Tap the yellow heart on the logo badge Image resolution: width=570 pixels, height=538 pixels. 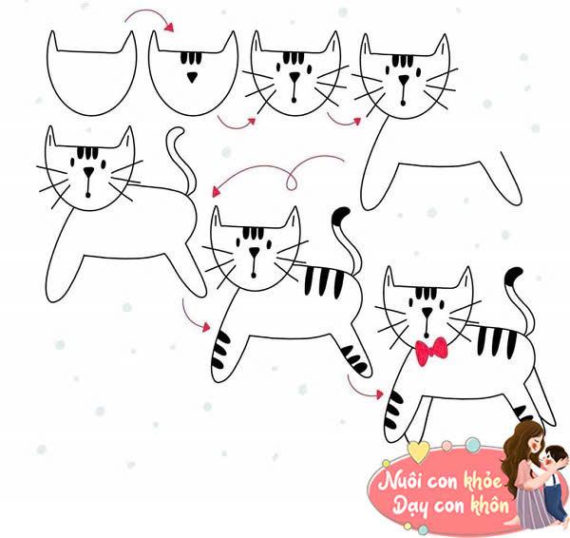click(418, 452)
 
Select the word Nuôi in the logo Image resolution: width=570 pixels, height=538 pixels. click(399, 481)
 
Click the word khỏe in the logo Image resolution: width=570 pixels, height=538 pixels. click(484, 480)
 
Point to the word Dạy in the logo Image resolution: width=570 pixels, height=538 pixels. click(410, 507)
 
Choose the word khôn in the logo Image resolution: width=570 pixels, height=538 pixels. click(490, 505)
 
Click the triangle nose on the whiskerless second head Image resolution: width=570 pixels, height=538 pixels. click(192, 77)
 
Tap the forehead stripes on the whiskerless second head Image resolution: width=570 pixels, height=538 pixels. click(191, 58)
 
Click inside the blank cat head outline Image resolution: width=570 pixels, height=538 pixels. click(91, 80)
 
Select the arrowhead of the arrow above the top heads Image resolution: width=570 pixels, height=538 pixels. click(169, 27)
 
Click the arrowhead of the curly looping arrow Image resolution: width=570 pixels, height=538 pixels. click(217, 191)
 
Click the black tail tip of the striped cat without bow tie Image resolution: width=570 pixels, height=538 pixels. click(340, 216)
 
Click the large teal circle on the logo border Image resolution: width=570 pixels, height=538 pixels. click(472, 445)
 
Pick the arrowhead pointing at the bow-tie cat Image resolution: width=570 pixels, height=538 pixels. click(379, 394)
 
